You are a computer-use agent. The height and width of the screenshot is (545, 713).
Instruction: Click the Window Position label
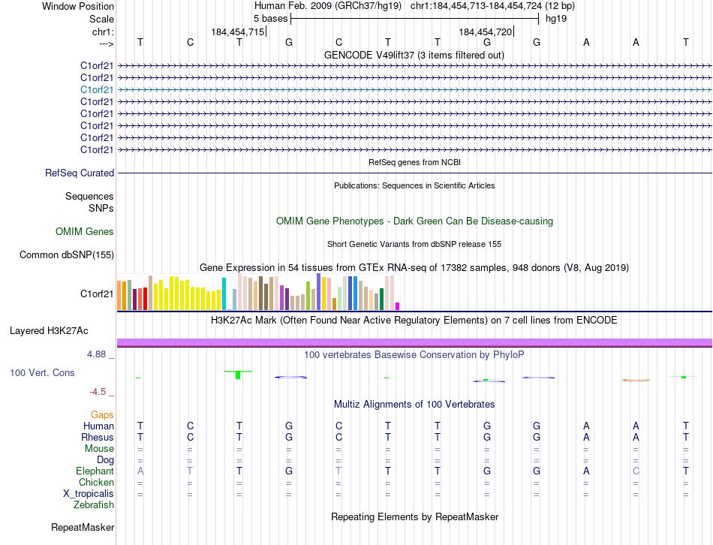78,6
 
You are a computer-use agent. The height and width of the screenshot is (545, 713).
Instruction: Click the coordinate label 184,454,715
238,32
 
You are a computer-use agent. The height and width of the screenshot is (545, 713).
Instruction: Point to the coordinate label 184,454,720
486,32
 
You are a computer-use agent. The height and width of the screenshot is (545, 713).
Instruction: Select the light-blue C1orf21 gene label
97,89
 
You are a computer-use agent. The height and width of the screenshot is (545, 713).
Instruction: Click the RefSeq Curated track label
80,173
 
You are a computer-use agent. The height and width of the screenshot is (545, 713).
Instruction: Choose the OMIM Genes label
85,232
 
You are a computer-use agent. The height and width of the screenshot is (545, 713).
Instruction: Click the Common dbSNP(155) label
67,255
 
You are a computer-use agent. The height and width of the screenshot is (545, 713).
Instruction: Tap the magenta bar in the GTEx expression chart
397,306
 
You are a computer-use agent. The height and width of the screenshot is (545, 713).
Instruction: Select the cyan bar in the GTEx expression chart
224,294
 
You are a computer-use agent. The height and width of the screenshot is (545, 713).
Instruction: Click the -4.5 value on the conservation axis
101,392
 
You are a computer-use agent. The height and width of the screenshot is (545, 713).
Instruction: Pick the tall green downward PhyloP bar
238,375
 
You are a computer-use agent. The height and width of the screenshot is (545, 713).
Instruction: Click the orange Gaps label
102,414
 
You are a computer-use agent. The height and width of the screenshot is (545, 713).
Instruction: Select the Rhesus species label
98,437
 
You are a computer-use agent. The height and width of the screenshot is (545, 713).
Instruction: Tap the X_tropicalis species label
89,493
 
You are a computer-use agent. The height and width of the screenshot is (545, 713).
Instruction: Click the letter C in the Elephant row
636,471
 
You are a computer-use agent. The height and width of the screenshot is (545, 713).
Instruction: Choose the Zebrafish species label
94,504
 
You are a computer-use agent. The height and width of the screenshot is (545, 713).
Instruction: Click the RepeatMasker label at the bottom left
83,528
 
